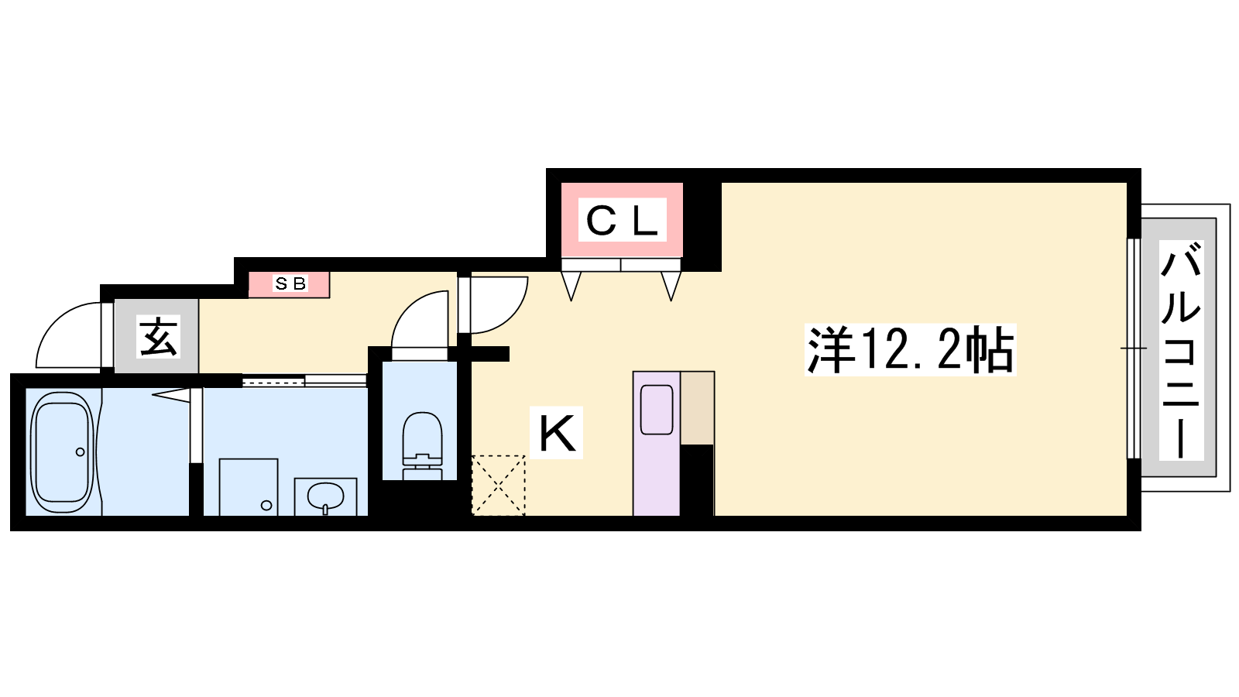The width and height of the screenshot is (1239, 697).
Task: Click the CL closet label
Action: pyautogui.click(x=623, y=220)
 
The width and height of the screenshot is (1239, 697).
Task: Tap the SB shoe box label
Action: pyautogui.click(x=290, y=283)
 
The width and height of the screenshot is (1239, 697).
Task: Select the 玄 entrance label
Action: pyautogui.click(x=158, y=336)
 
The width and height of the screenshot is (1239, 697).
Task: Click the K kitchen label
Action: pyautogui.click(x=557, y=433)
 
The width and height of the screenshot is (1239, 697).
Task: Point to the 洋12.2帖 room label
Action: pyautogui.click(x=911, y=350)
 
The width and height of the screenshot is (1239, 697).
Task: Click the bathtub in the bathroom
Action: pyautogui.click(x=62, y=452)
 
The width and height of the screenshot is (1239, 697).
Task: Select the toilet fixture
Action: pyautogui.click(x=423, y=445)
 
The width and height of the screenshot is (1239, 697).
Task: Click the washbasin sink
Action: pyautogui.click(x=325, y=496)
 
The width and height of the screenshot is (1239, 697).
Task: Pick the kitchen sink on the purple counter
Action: pyautogui.click(x=657, y=410)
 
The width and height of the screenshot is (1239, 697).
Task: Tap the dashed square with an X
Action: pyautogui.click(x=499, y=486)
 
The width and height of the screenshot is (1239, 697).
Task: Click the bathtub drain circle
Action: pyautogui.click(x=81, y=452)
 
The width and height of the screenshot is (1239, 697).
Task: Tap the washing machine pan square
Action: pyautogui.click(x=249, y=487)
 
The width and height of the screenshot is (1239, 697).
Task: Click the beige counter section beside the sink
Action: pyautogui.click(x=697, y=407)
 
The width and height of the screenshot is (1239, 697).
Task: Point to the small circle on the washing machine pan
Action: pyautogui.click(x=266, y=505)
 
